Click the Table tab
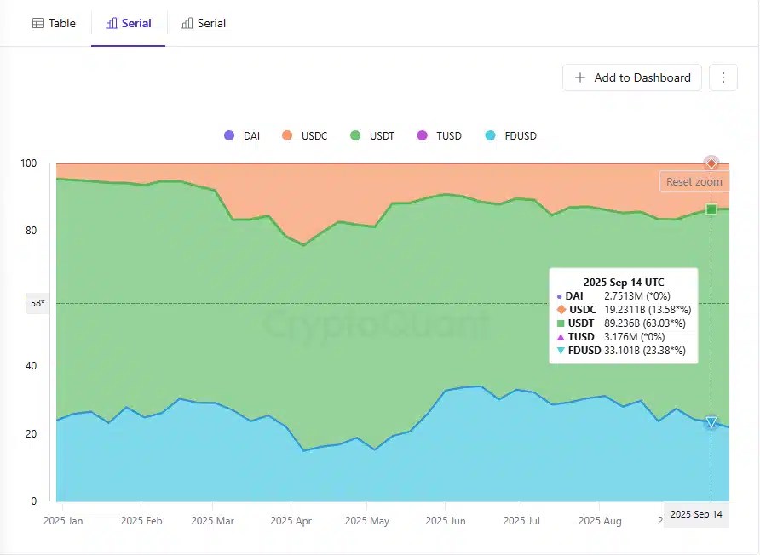tap(54, 23)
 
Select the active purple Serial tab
tap(128, 23)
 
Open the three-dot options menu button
tap(723, 77)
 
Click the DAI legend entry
tap(242, 136)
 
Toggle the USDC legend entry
tap(304, 136)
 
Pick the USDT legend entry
tap(372, 136)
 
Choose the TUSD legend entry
tap(440, 136)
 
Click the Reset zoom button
tap(694, 181)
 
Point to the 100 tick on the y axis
tap(29, 163)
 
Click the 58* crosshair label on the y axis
tap(37, 304)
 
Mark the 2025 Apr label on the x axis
tap(291, 520)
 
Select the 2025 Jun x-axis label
tap(445, 520)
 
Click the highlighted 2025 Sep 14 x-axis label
tap(696, 514)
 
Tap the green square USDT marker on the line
tap(711, 209)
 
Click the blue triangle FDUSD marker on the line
tap(711, 422)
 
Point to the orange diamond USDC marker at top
tap(711, 163)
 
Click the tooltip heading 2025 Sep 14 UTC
tap(624, 282)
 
